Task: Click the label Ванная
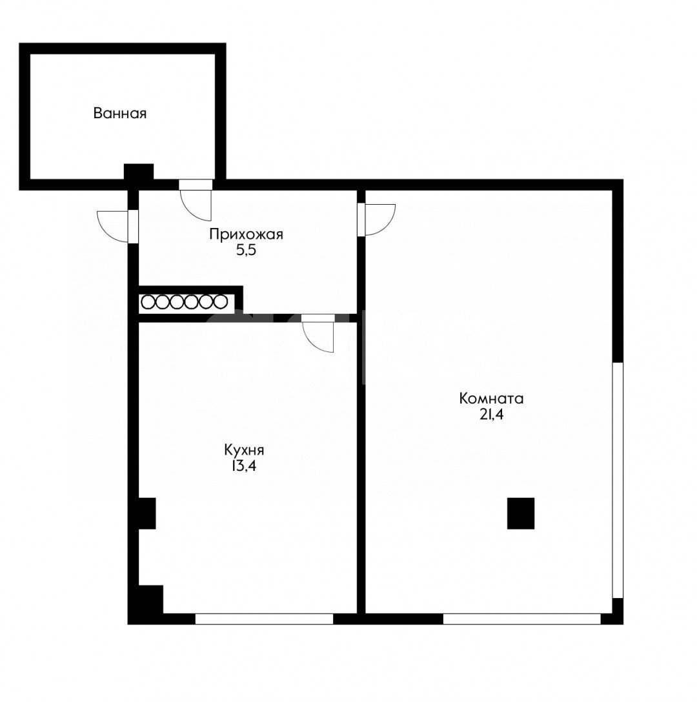point(120,113)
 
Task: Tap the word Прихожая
point(246,234)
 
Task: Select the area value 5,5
point(246,251)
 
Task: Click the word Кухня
point(244,449)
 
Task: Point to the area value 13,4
point(244,466)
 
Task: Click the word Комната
point(491,398)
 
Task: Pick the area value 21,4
point(491,415)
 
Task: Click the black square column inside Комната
point(521,513)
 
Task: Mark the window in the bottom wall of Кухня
point(265,619)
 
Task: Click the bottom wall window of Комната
point(521,619)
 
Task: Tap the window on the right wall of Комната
point(618,480)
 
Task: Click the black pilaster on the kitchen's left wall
point(146,513)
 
